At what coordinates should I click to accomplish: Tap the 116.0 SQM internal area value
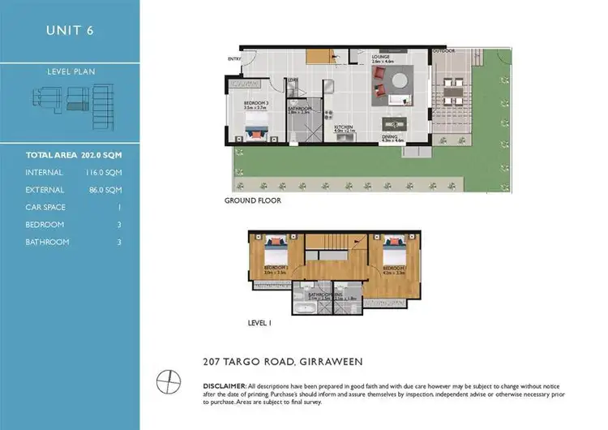point(104,172)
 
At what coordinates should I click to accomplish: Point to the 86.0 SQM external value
point(105,190)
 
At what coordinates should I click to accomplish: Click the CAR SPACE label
point(45,207)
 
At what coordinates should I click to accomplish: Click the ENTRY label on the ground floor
point(234,58)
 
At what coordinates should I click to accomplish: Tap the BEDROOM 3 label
point(257,104)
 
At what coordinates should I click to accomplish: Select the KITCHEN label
point(344,127)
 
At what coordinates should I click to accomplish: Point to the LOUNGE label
point(381,57)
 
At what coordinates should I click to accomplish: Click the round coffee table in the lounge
point(398,80)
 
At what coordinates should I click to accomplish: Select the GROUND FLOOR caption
point(253,200)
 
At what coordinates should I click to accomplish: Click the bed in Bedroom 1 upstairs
point(272,247)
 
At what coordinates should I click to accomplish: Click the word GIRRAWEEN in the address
point(332,361)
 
